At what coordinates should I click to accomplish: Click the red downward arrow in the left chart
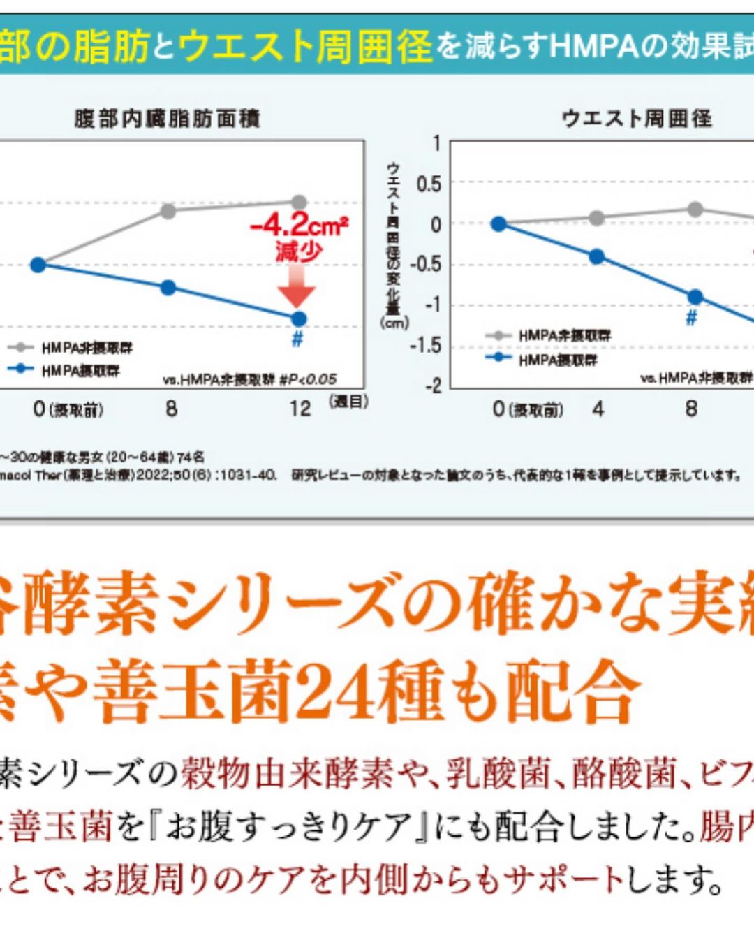(x=297, y=287)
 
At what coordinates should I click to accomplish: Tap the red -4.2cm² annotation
(x=299, y=225)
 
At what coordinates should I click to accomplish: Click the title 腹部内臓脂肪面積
(x=168, y=119)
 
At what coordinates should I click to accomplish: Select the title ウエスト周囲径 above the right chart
(x=637, y=118)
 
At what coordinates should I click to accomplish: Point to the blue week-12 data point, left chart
(x=299, y=319)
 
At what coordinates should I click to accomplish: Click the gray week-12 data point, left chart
(x=299, y=202)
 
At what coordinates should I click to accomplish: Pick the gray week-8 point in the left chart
(x=168, y=211)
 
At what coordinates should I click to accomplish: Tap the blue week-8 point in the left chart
(x=168, y=287)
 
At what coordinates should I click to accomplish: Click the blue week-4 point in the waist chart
(x=597, y=256)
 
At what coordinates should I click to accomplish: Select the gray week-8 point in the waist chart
(x=695, y=209)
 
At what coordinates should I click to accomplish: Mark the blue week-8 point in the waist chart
(x=695, y=297)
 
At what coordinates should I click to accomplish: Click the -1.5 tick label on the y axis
(x=425, y=346)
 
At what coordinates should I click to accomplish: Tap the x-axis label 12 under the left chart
(x=300, y=409)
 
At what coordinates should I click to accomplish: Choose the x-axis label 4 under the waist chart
(x=598, y=409)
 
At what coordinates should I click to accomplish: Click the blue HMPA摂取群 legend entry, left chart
(x=80, y=371)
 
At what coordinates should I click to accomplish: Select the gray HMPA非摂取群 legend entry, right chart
(x=564, y=336)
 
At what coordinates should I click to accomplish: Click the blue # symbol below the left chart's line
(x=297, y=340)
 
